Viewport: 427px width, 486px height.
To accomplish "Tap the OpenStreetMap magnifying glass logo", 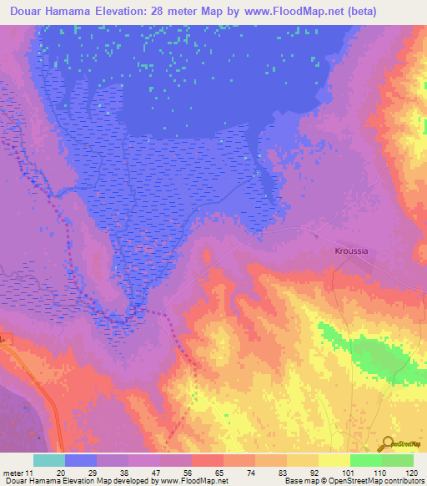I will (x=386, y=443).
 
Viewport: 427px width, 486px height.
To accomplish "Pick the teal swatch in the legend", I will (x=48, y=460).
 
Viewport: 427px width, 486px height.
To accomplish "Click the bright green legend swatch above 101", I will (x=365, y=460).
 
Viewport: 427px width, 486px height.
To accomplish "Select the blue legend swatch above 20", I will (x=81, y=460).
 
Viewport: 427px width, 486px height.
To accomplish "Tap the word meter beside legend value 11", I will (x=13, y=473).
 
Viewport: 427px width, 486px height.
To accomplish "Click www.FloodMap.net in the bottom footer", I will (x=187, y=481).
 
